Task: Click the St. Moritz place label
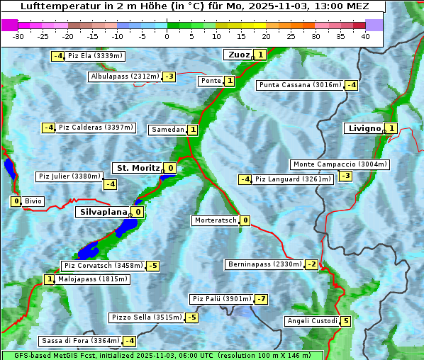138,168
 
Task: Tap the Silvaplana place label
104,212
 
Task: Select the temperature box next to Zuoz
260,55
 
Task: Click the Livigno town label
364,128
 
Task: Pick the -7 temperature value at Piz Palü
262,299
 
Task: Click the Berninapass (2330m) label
264,264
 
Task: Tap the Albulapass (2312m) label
125,77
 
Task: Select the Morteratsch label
215,220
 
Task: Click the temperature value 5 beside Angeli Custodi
345,321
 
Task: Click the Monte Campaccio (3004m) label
340,164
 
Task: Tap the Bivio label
33,201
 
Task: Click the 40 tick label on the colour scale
365,36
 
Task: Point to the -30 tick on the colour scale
18,36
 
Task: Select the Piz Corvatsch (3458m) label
103,266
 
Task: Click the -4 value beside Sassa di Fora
128,341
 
